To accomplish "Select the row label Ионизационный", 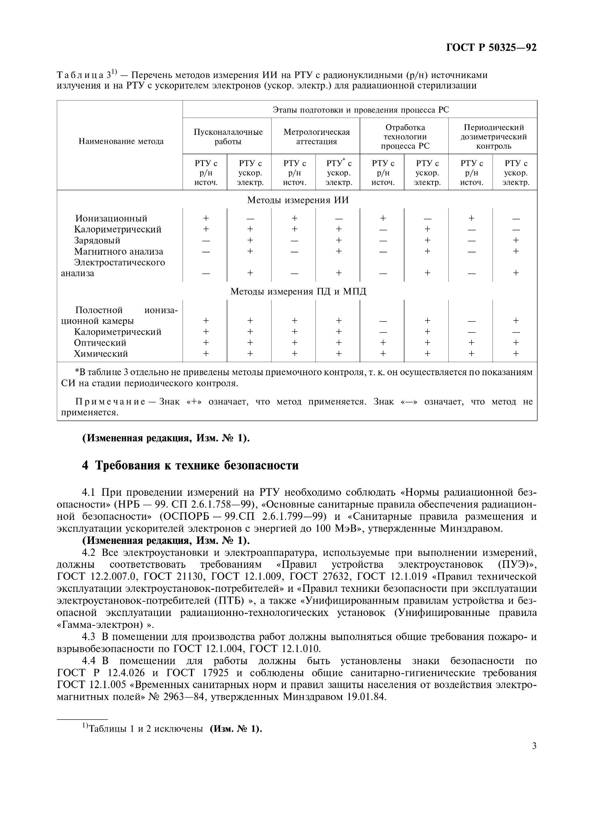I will [111, 218].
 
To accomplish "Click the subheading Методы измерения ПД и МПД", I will [298, 292].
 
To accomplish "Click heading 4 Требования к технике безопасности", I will [190, 466].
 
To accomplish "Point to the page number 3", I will [534, 746].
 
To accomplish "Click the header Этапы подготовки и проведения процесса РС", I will [361, 110].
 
